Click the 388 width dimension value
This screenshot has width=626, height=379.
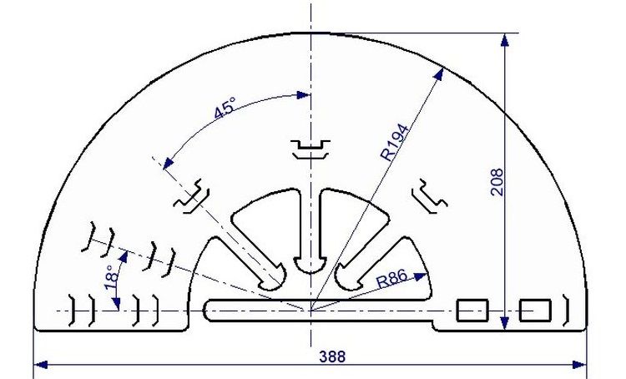tap(332, 356)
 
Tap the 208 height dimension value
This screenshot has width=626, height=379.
tap(497, 182)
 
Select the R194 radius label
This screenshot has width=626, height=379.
tap(396, 143)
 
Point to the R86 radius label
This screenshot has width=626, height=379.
tap(392, 278)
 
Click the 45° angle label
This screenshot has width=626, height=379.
tap(225, 108)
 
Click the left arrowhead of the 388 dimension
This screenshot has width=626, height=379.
tap(41, 364)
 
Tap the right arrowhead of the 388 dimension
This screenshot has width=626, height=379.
tap(580, 364)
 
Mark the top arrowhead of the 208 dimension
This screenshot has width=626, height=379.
tap(505, 40)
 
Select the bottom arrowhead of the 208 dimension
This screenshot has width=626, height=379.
tap(505, 323)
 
